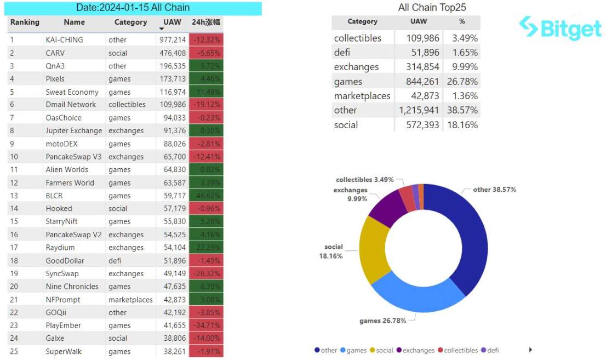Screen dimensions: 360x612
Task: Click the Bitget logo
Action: pyautogui.click(x=560, y=28)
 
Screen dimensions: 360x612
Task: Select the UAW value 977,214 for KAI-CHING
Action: pyautogui.click(x=171, y=40)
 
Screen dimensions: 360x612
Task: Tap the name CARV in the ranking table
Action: pyautogui.click(x=55, y=53)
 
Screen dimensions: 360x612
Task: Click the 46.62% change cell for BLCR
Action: pyautogui.click(x=206, y=196)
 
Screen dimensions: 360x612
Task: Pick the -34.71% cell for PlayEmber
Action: pyautogui.click(x=206, y=325)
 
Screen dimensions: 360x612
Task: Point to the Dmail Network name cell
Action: pyautogui.click(x=71, y=105)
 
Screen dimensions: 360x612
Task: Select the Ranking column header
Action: pyautogui.click(x=25, y=22)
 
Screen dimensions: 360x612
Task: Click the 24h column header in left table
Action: pyautogui.click(x=206, y=22)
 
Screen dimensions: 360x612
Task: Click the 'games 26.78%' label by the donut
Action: pyautogui.click(x=382, y=321)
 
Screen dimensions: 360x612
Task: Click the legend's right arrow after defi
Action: pyautogui.click(x=530, y=350)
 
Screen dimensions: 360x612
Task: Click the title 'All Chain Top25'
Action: pyautogui.click(x=432, y=8)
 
